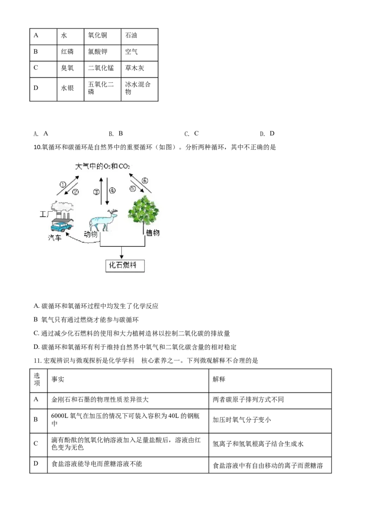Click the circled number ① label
pos(63,184)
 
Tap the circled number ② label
pos(76,191)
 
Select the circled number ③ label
pos(96,191)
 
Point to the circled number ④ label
pos(112,190)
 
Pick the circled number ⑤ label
pos(133,189)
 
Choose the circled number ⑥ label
pos(144,180)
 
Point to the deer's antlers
pos(112,213)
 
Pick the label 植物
pos(153,233)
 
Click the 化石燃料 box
pos(123,266)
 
